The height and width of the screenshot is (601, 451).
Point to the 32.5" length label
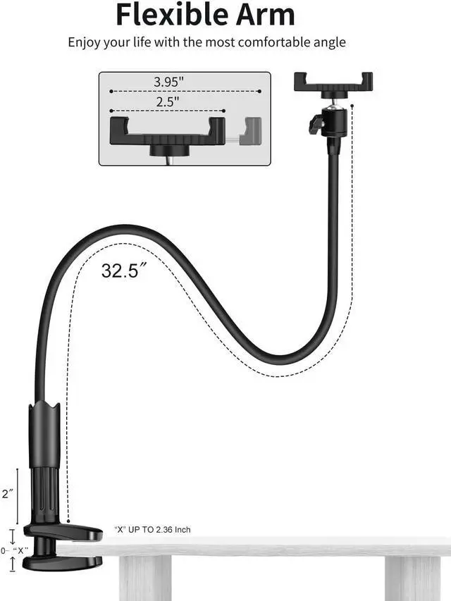123,270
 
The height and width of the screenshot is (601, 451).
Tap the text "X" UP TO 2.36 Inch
152,529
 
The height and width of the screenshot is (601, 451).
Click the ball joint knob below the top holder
317,125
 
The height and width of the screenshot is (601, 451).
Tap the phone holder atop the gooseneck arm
333,82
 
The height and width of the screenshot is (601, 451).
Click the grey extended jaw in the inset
250,131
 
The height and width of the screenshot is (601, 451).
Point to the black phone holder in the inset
168,131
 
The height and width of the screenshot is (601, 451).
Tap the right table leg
413,578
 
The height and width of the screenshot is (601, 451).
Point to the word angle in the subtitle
329,42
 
